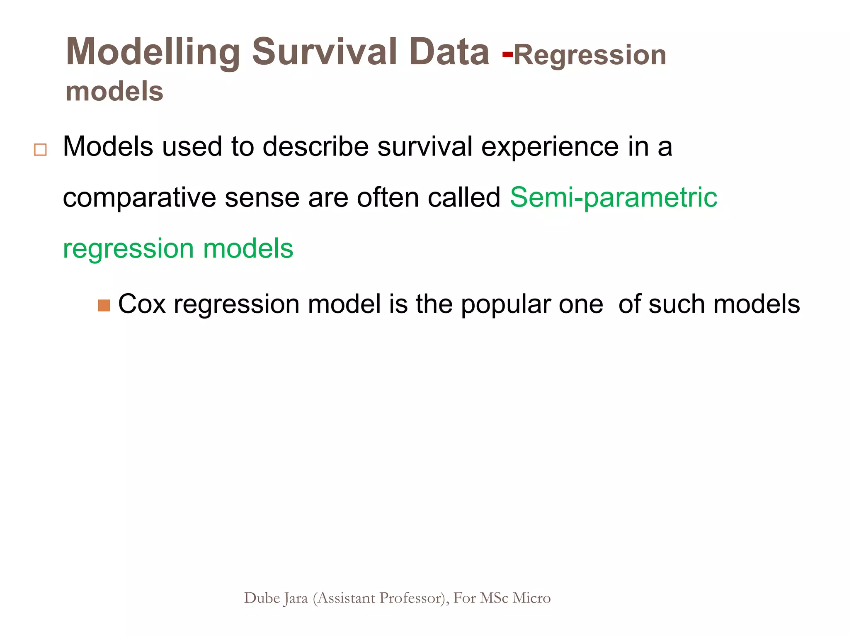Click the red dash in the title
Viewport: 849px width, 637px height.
507,54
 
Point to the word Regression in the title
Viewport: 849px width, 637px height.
589,55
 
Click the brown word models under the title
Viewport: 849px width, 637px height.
114,91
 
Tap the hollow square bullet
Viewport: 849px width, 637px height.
40,149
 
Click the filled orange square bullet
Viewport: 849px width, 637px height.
104,306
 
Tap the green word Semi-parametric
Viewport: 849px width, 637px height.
613,197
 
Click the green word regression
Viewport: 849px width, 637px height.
128,249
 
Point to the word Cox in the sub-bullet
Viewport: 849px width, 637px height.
142,304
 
